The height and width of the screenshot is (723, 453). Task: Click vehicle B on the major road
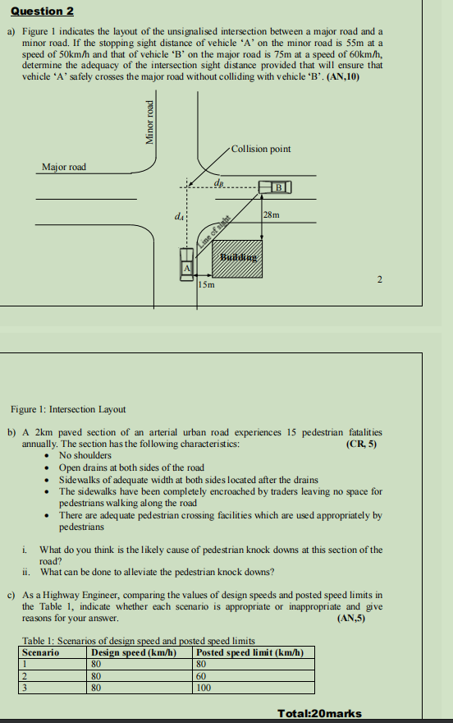click(x=277, y=187)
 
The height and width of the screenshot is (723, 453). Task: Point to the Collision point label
click(x=261, y=149)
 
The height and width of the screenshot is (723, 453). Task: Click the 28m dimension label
click(x=272, y=215)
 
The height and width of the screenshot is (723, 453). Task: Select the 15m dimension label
click(x=207, y=286)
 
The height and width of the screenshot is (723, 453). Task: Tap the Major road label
click(x=64, y=167)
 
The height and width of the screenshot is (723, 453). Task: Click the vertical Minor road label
click(x=149, y=122)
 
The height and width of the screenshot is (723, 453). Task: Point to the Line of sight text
click(x=211, y=230)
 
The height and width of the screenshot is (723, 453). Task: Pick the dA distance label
click(x=178, y=216)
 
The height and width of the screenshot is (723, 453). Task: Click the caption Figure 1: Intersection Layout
click(x=68, y=409)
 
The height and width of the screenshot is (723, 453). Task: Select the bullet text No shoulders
click(x=85, y=455)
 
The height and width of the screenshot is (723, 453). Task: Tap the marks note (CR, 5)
click(x=362, y=444)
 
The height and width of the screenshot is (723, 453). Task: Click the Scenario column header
click(x=40, y=652)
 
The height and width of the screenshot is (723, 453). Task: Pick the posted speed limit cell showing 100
click(x=204, y=688)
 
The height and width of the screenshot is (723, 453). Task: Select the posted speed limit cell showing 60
click(x=202, y=676)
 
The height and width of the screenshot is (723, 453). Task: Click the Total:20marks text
click(x=320, y=713)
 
